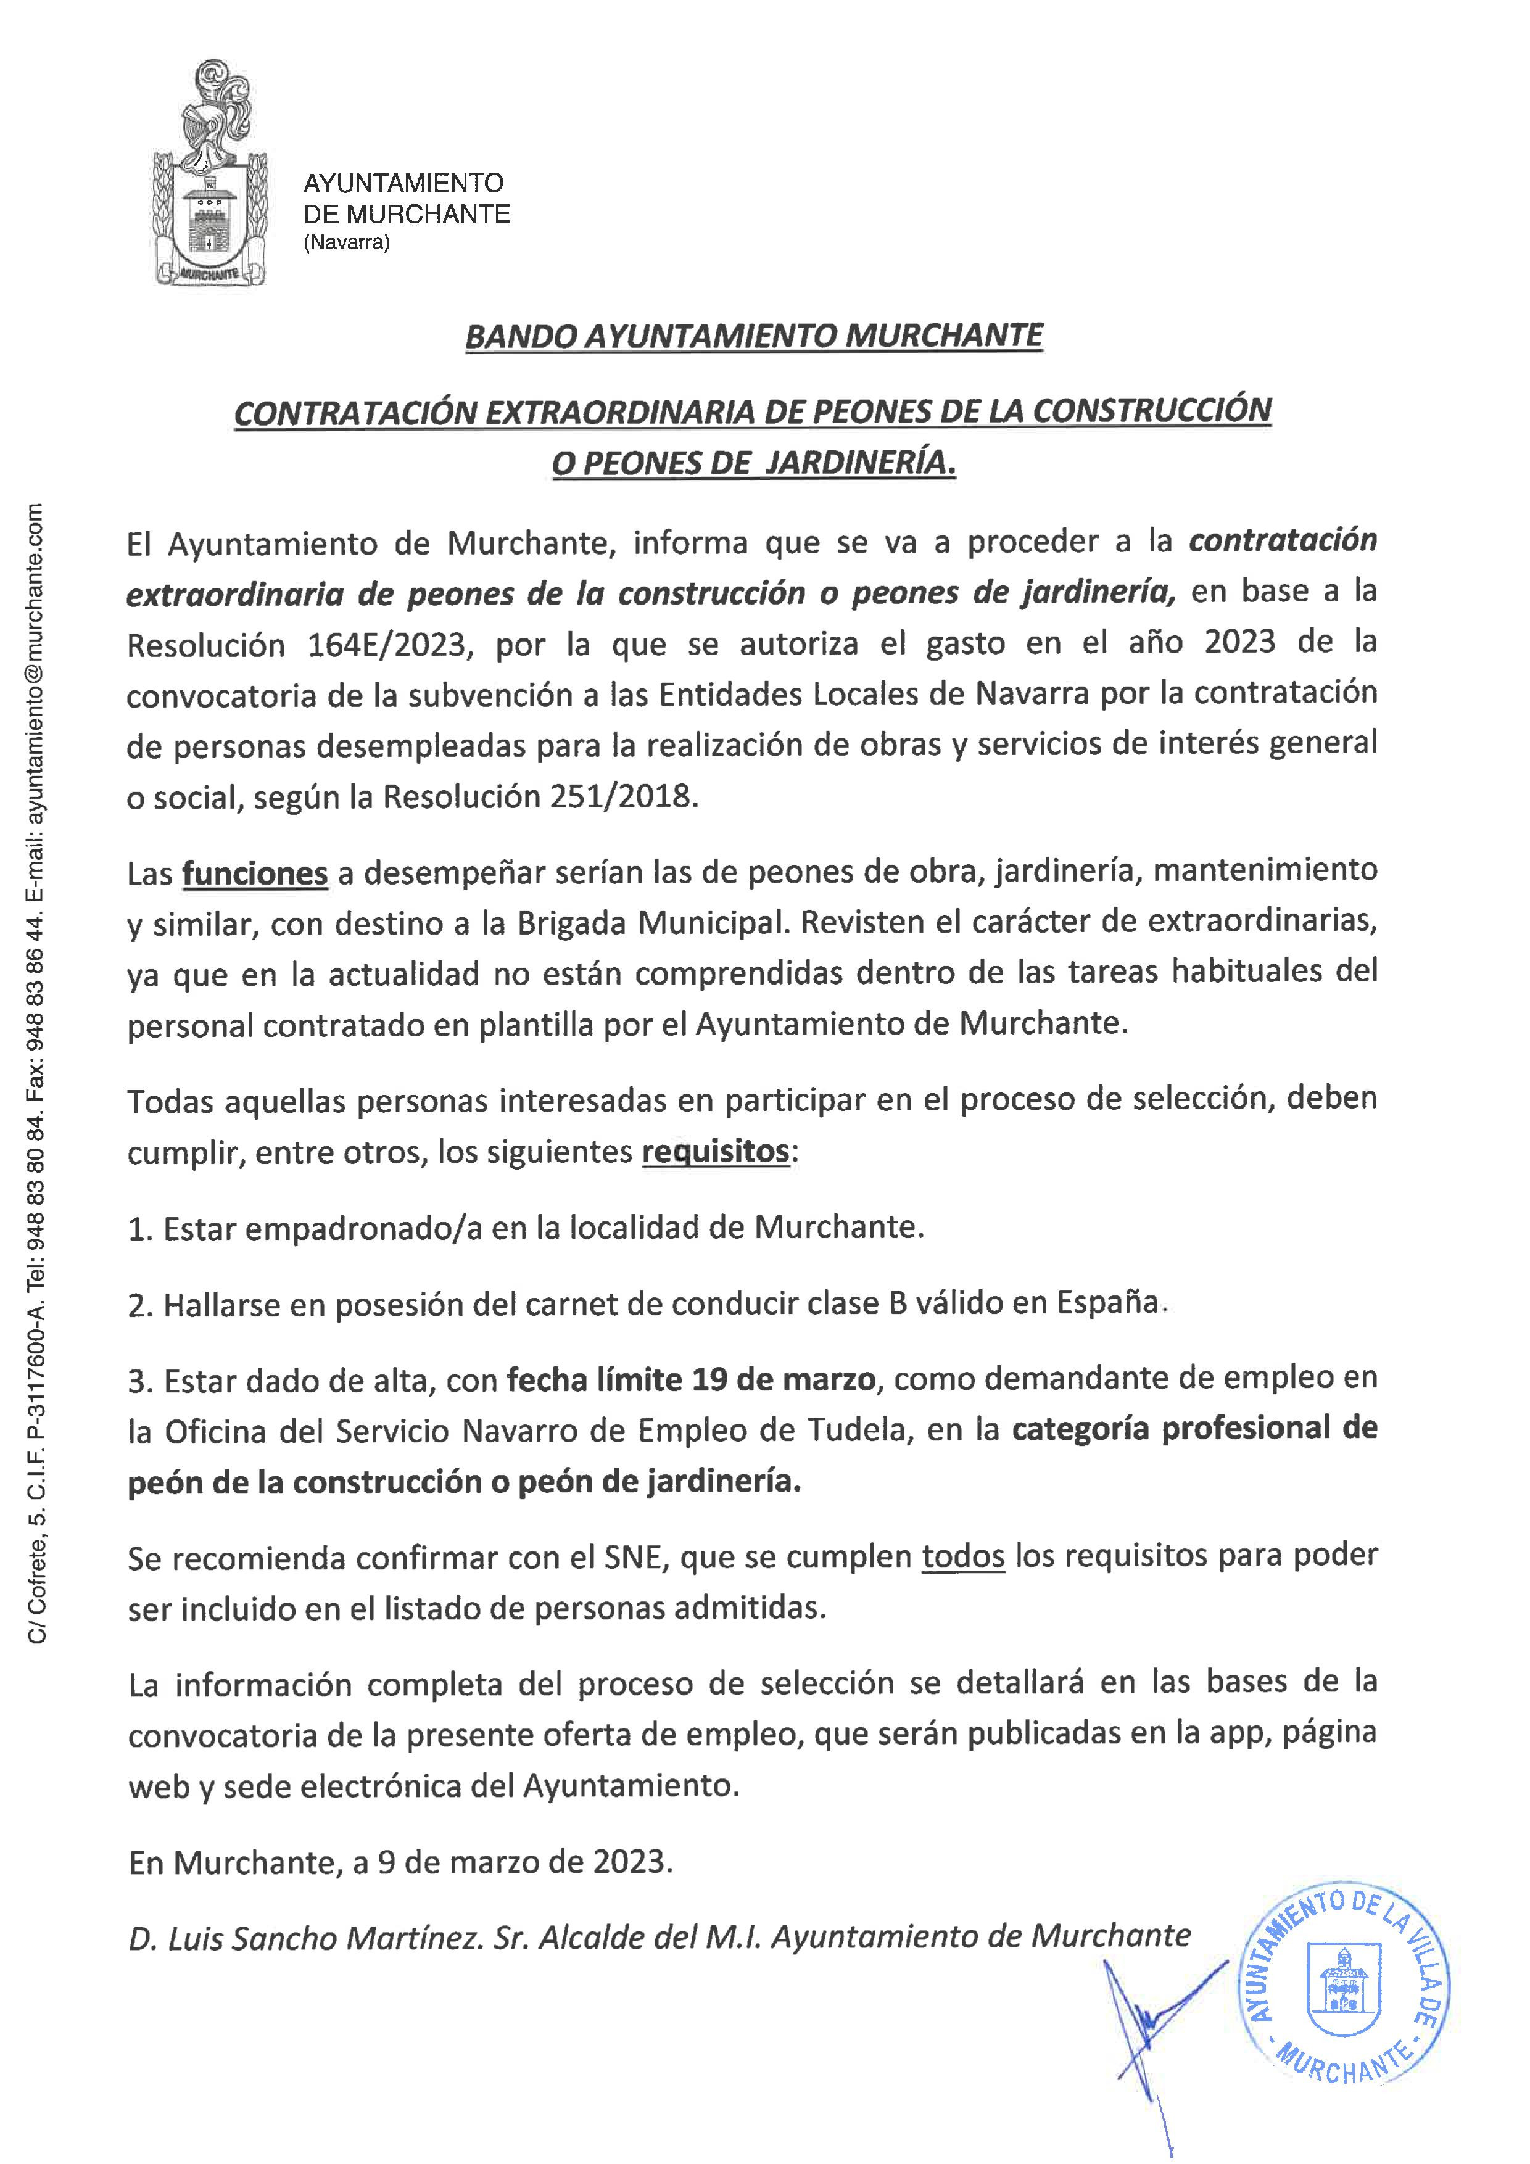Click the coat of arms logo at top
tap(209, 175)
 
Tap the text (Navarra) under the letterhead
tap(346, 243)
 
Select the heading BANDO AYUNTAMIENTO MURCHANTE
tap(754, 336)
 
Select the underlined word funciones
tap(255, 873)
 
